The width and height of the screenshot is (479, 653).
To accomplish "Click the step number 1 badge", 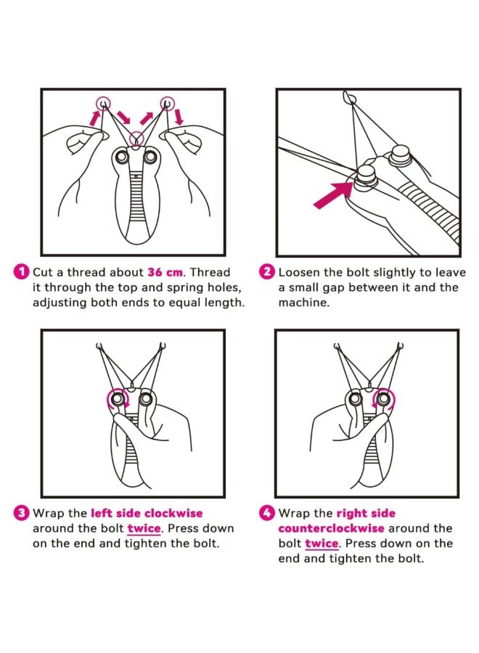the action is tap(22, 272).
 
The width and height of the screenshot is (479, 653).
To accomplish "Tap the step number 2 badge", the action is tap(267, 272).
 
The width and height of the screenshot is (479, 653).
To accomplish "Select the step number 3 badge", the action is tap(22, 513).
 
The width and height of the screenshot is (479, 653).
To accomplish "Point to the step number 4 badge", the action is tap(267, 513).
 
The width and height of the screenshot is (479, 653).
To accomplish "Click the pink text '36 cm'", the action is tap(165, 272).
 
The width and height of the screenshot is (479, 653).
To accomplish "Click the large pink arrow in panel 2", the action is tap(333, 194).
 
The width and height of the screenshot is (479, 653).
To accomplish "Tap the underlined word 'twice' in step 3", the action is tap(144, 528).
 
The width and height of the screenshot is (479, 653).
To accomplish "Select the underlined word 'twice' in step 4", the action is tap(322, 543).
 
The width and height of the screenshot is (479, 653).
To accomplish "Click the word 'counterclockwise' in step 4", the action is tap(331, 528).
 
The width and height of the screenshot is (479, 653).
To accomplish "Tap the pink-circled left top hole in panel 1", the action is tap(103, 102).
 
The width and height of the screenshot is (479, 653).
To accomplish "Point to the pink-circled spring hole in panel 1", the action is tap(136, 138).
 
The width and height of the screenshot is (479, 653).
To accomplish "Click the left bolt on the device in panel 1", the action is tap(123, 157).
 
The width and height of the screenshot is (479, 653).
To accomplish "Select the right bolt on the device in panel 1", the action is tap(150, 157).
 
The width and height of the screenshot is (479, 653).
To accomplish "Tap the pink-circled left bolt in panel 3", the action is tap(118, 398).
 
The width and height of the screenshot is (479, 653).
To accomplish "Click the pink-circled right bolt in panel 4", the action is tap(383, 399).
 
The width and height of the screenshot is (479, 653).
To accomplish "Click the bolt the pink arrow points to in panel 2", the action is tap(365, 177).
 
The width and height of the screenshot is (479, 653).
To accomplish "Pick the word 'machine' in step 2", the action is tap(303, 303).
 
